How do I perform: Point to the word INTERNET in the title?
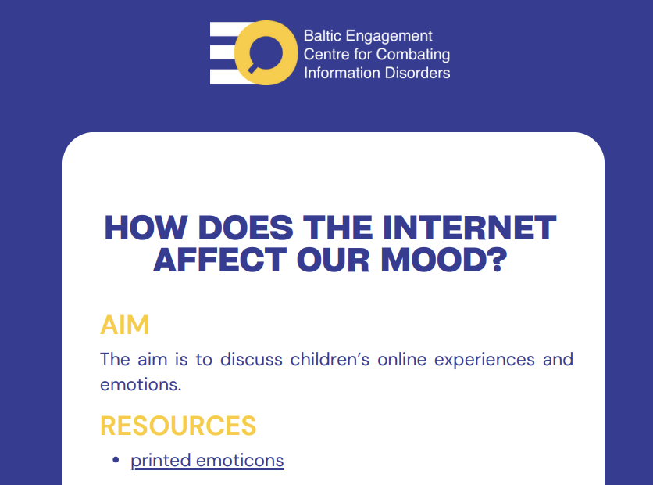[x=469, y=228]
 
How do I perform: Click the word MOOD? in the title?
[x=444, y=260]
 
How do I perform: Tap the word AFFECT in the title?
[x=220, y=260]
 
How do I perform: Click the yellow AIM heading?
[x=124, y=325]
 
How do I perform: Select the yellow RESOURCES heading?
[x=178, y=426]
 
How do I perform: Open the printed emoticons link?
[x=208, y=461]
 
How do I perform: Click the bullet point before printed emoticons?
[x=116, y=460]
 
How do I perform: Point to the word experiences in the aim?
[x=484, y=361]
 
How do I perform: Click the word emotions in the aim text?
[x=141, y=385]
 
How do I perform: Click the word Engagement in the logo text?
[x=389, y=37]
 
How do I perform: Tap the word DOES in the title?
[x=246, y=228]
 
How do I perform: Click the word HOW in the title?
[x=146, y=228]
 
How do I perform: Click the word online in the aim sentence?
[x=402, y=359]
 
